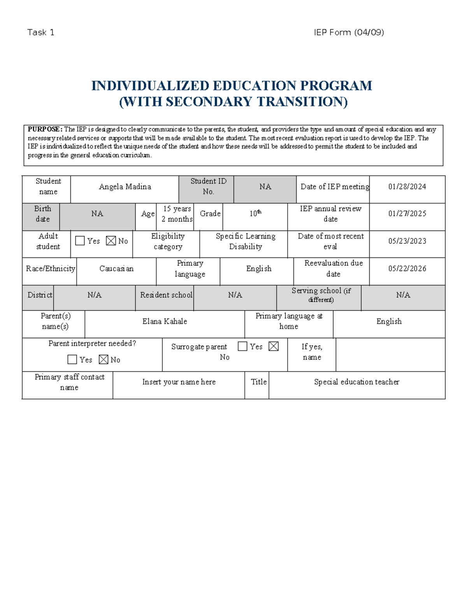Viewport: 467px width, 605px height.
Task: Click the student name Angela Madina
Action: pos(125,187)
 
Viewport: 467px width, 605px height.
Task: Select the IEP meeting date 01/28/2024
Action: pos(407,187)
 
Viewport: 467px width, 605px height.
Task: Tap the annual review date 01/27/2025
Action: pos(407,214)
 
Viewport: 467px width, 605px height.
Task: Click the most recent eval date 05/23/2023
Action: pos(407,241)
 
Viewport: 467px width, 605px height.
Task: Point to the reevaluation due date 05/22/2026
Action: pos(407,269)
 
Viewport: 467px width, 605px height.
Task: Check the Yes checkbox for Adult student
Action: pos(80,241)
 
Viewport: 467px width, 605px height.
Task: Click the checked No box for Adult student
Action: pos(111,241)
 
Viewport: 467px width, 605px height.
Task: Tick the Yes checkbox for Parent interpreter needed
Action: pos(72,359)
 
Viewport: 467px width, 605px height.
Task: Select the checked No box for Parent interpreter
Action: pos(103,359)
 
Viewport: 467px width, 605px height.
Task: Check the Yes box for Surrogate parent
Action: pos(242,346)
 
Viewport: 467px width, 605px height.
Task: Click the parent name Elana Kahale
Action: pos(165,321)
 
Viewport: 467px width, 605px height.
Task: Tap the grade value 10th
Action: pos(255,213)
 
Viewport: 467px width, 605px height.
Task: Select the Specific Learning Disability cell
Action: pos(246,242)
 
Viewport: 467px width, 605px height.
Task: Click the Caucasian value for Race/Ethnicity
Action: pos(116,269)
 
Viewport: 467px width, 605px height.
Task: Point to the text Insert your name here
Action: pos(179,382)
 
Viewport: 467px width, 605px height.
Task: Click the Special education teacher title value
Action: pos(356,382)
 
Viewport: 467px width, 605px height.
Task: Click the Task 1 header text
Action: pos(41,32)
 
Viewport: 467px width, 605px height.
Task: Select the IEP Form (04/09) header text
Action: pos(349,32)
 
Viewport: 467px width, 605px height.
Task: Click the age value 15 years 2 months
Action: pos(177,214)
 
